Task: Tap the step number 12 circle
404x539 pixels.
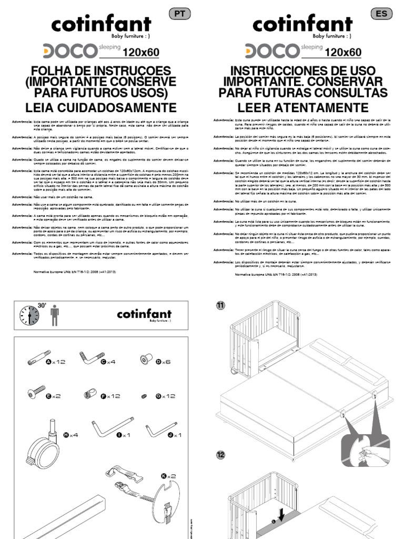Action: pos(220,454)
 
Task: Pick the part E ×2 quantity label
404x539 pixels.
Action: pos(54,396)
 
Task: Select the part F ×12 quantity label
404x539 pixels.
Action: pos(110,396)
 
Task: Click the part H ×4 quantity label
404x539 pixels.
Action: pos(70,435)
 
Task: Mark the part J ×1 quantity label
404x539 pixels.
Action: pos(174,435)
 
